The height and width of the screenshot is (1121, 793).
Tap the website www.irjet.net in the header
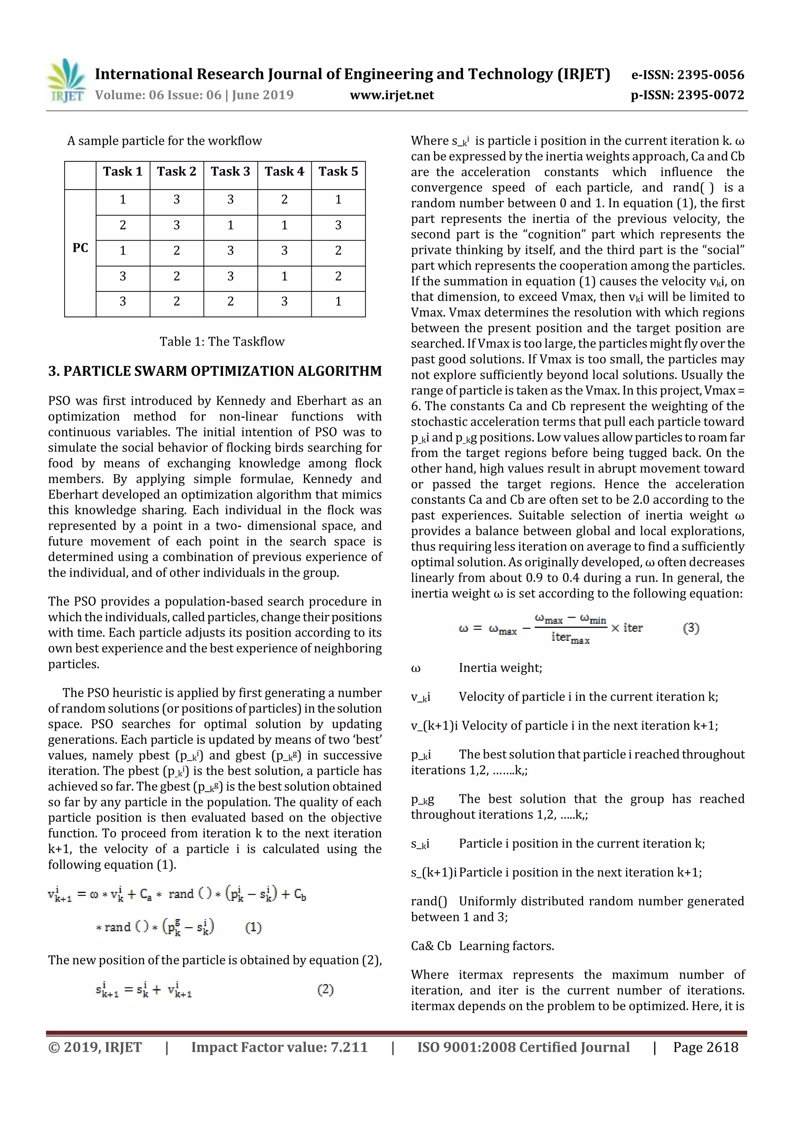pos(391,95)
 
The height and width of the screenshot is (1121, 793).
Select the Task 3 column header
pos(230,171)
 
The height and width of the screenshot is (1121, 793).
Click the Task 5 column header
pos(338,171)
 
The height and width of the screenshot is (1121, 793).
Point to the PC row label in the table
pos(80,248)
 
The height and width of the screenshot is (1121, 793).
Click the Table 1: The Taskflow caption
pos(222,341)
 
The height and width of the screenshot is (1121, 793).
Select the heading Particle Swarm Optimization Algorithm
pos(215,371)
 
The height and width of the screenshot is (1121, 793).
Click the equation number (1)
pos(253,927)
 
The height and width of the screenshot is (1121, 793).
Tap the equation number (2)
pos(325,990)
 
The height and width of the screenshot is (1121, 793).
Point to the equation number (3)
pos(691,628)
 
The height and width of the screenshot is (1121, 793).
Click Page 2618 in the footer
pos(705,1047)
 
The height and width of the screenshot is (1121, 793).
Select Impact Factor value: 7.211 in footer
pos(279,1047)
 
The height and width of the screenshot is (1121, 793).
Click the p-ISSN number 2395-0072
pos(687,95)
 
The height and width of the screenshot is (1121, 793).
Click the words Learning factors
pos(506,946)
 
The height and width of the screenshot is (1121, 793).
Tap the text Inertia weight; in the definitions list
pos(500,668)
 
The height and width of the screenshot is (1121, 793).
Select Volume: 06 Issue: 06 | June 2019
pos(194,95)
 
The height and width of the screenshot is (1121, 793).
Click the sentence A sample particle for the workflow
pos(164,141)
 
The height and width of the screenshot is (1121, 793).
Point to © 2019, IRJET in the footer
pos(95,1047)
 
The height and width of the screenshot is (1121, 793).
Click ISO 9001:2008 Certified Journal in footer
pos(523,1047)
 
